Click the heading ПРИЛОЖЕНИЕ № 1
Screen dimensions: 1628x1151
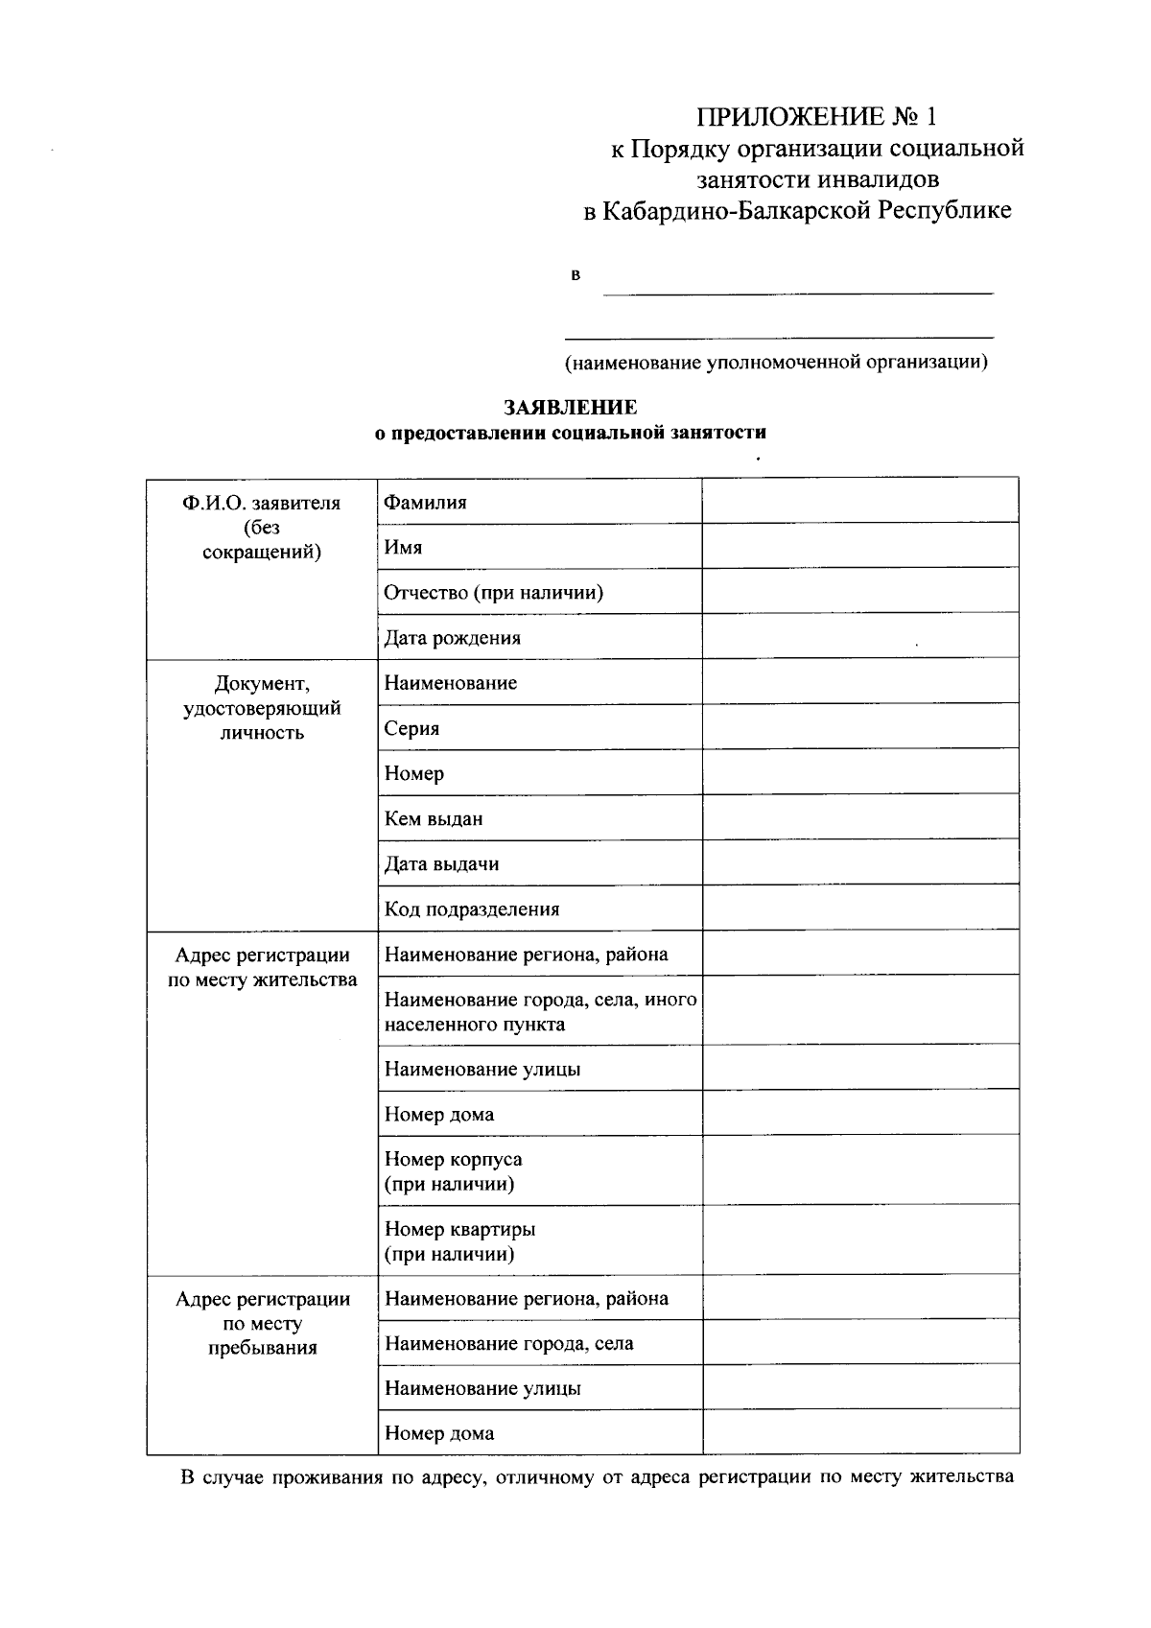[815, 117]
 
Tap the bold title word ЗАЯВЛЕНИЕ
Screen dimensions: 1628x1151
[571, 408]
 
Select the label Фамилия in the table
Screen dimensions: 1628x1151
[426, 503]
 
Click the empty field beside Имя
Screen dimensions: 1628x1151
[860, 546]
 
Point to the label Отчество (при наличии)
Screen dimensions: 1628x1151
[494, 593]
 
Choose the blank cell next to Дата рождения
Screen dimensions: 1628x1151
[860, 636]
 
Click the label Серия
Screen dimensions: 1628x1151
[412, 728]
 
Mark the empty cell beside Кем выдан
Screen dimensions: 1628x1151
[860, 817]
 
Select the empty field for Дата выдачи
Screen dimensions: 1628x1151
[860, 862]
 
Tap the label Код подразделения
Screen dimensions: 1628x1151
[472, 909]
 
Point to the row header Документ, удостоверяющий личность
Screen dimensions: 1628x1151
[262, 708]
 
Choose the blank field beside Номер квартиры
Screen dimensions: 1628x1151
[860, 1239]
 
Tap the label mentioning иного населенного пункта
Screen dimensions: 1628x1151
[540, 1012]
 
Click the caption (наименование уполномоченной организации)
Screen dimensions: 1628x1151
[776, 363]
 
